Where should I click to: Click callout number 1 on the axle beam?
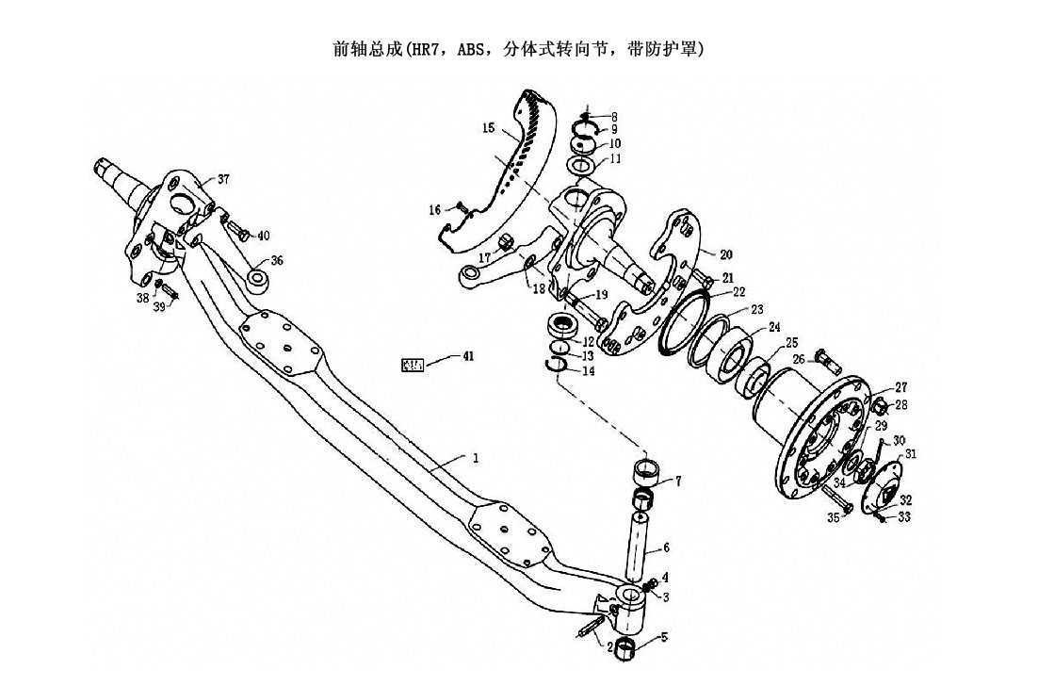(x=477, y=458)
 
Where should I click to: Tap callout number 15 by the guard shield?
(x=487, y=127)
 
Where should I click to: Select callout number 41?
(x=468, y=356)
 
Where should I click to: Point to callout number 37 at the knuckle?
(x=223, y=179)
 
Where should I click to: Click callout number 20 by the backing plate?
(x=725, y=254)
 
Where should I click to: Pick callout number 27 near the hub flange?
(x=901, y=387)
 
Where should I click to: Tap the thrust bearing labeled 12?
(x=563, y=329)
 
